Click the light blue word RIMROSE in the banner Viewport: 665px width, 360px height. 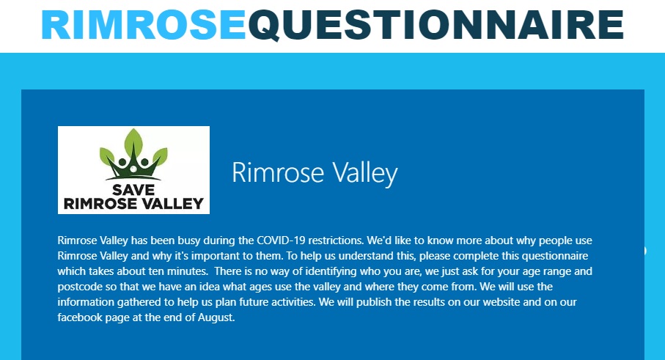tap(144, 25)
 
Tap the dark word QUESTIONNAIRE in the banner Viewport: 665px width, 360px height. tap(436, 25)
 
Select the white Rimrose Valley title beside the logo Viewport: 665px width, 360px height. tap(315, 172)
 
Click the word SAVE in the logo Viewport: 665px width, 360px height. tap(133, 189)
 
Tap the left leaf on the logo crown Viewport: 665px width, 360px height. tap(107, 155)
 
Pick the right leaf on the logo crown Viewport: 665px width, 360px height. tap(160, 155)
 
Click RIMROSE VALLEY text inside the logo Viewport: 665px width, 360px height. tap(133, 204)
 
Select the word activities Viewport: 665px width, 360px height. tap(293, 302)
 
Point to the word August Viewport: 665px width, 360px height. tap(216, 317)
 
